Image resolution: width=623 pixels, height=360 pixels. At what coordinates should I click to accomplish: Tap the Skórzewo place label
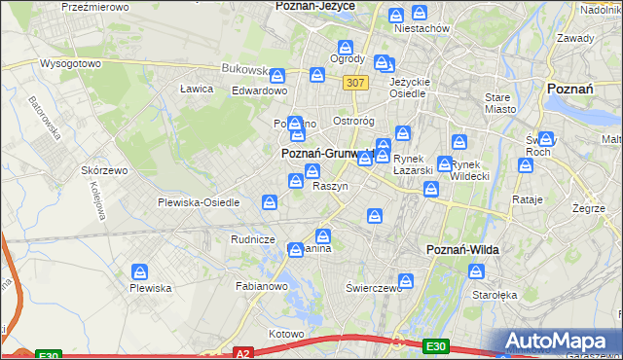[105, 169]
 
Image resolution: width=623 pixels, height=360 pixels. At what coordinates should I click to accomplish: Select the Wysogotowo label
[70, 63]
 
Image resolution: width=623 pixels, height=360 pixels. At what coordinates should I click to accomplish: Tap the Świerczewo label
[374, 288]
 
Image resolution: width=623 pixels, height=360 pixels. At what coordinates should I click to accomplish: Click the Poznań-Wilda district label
[463, 250]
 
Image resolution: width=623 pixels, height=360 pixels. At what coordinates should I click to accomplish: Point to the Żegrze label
[589, 208]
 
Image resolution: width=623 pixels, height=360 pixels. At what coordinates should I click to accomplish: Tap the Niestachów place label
[421, 28]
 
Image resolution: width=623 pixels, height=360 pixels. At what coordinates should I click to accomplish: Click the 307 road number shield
[355, 84]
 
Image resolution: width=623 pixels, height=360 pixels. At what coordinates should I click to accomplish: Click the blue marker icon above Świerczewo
[406, 282]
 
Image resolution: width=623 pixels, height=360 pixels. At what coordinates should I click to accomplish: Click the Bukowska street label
[244, 69]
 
